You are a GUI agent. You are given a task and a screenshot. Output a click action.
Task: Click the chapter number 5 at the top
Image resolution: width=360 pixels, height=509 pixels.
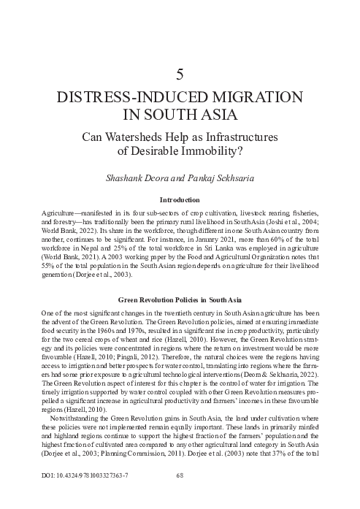180,73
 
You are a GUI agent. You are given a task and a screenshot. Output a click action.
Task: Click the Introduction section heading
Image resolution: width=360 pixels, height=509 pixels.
180,199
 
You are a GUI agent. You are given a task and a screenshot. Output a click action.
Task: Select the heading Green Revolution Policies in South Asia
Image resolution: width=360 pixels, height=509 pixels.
180,278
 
